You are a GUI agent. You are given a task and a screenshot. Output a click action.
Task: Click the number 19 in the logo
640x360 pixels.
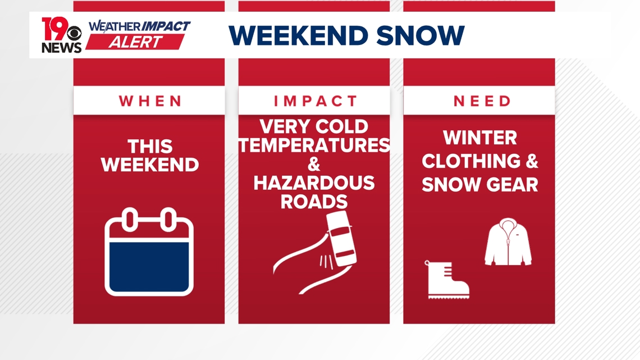54,29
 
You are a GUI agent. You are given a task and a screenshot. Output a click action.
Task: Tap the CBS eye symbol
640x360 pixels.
75,34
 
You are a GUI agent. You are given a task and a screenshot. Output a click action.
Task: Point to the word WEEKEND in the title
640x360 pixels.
299,35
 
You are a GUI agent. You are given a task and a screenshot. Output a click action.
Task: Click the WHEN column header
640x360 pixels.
150,101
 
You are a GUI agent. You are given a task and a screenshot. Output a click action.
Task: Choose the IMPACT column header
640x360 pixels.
315,101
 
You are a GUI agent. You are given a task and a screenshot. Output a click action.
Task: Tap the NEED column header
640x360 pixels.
482,101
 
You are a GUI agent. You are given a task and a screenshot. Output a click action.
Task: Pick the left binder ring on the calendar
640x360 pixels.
130,219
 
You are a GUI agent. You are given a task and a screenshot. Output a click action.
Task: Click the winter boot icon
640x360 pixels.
446,279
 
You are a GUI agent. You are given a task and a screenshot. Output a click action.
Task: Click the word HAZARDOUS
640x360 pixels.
314,183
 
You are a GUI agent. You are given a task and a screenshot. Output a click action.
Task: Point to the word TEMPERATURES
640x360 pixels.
314,145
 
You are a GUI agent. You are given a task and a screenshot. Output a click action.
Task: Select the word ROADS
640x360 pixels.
314,201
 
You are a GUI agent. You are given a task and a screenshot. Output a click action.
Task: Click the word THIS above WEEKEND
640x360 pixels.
150,147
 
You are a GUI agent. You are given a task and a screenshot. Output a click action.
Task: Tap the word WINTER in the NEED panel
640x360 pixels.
479,138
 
